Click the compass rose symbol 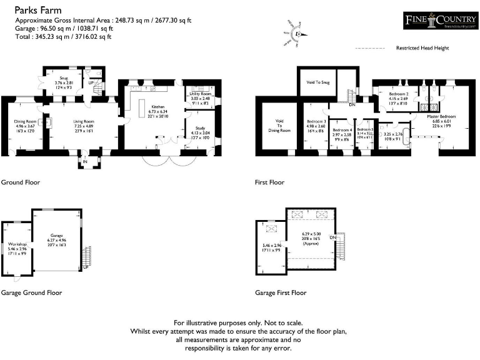click(298, 34)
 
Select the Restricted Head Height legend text click(422, 48)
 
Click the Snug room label click(64, 78)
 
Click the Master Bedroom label click(441, 117)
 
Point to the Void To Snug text click(317, 82)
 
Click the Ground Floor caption click(21, 182)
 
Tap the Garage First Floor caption click(281, 292)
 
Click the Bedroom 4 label click(342, 130)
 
